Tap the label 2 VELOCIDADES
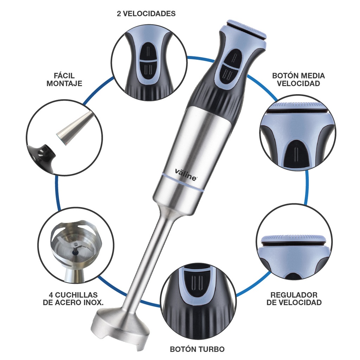[x=146, y=14]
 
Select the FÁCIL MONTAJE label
[x=64, y=79]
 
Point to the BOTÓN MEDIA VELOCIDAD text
[x=298, y=79]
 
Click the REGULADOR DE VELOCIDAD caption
[x=294, y=298]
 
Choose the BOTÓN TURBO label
[x=197, y=349]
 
